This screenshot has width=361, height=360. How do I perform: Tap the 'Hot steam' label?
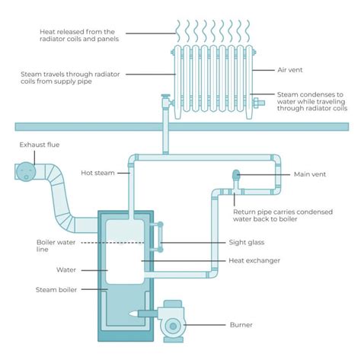97,173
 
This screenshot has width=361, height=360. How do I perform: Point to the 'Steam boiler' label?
56,289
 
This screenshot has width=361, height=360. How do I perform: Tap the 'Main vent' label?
310,174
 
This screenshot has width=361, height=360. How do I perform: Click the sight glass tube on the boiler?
160,236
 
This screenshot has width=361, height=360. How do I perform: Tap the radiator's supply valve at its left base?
164,99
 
